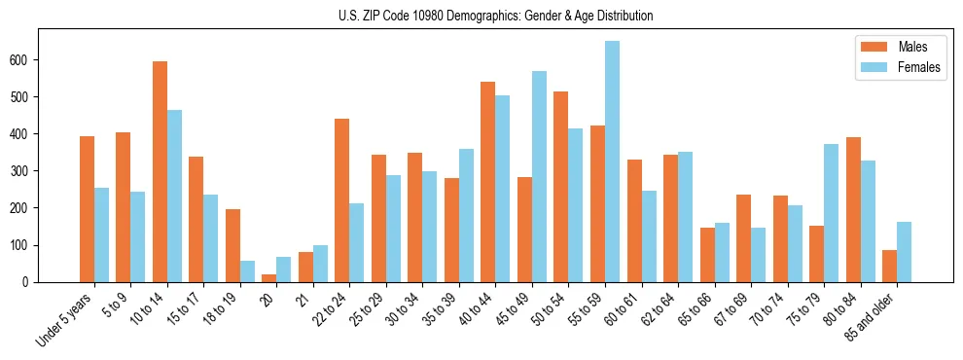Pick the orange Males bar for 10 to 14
pos(160,171)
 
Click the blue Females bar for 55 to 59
pos(612,162)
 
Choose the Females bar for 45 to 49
pos(539,176)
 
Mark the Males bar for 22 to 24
pos(342,200)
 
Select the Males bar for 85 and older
pos(889,266)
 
